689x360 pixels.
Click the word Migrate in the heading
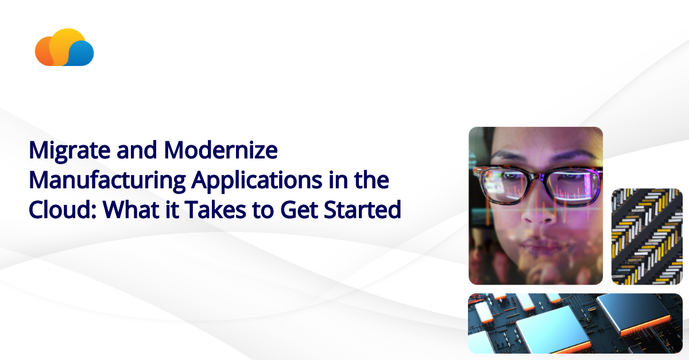[x=63, y=151]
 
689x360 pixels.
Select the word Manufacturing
[x=107, y=181]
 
